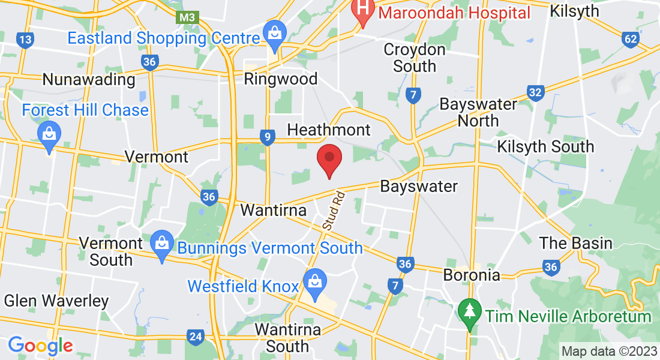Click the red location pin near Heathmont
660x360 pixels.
click(x=329, y=158)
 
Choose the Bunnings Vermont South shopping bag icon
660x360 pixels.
click(x=161, y=244)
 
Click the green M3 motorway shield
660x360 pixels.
click(x=187, y=17)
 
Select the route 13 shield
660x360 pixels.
click(x=25, y=40)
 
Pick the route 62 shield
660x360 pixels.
click(x=630, y=40)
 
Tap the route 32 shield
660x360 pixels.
click(x=536, y=92)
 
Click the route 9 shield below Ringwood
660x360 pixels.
click(x=268, y=138)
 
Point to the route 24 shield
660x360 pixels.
click(x=195, y=337)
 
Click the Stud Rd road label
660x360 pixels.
click(x=334, y=211)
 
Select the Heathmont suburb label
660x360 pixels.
click(x=329, y=130)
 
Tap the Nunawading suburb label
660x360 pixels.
click(x=89, y=79)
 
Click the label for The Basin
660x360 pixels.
click(x=575, y=243)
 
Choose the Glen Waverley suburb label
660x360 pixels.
click(x=56, y=301)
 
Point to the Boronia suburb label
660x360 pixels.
click(x=472, y=275)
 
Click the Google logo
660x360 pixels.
click(x=40, y=345)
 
